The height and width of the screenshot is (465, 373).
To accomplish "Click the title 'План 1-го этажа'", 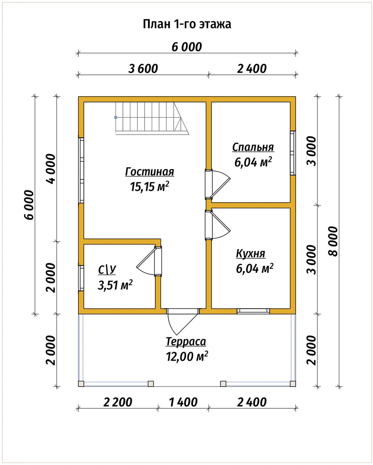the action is (187, 24).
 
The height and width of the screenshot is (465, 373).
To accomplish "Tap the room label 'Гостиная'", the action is (149, 172).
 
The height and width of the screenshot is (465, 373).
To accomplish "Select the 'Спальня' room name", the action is (253, 147).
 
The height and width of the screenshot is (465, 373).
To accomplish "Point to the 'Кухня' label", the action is (250, 254).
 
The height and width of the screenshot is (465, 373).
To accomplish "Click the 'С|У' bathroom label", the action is (107, 270).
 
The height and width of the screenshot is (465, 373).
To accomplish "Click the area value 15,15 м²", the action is (149, 186).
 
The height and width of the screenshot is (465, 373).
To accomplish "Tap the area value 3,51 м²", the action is (115, 285).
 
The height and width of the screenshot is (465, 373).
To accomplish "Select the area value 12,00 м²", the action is (187, 356).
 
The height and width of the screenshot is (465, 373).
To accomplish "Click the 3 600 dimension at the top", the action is (143, 69).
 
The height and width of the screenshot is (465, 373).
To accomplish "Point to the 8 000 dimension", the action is (333, 241).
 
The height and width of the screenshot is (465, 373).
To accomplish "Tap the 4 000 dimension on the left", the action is (51, 169).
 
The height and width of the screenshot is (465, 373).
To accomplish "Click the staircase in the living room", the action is (152, 118).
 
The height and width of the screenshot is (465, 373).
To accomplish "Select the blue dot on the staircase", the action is (116, 117).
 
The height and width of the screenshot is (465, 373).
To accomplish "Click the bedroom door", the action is (218, 184).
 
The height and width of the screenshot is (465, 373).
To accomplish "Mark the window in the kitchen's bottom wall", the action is (253, 311).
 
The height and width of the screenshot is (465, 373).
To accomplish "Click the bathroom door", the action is (149, 261).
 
